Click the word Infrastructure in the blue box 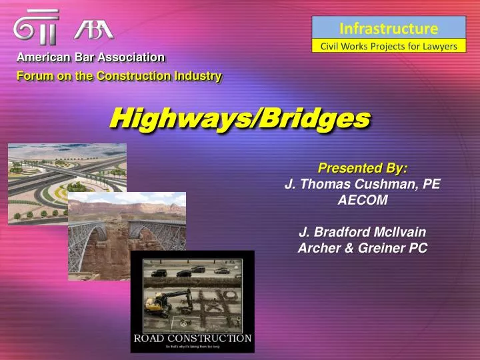389,28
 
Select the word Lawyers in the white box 436,46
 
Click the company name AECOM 363,199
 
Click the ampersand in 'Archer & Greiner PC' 351,248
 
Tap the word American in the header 43,58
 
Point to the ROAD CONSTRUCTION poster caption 192,338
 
